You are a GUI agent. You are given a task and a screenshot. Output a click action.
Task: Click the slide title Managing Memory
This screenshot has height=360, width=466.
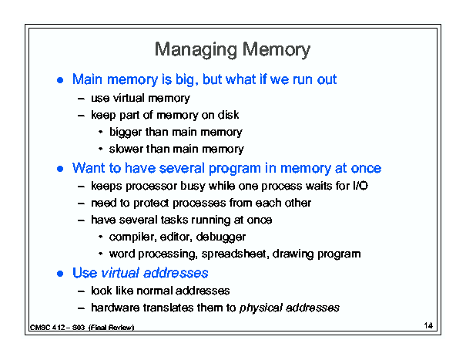[x=233, y=49]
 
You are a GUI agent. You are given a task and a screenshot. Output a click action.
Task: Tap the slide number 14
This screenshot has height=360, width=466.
[x=428, y=325]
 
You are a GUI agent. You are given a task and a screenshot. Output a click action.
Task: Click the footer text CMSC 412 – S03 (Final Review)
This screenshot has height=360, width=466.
[x=82, y=328]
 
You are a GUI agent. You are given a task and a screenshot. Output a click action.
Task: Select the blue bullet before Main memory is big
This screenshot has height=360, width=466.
[x=60, y=80]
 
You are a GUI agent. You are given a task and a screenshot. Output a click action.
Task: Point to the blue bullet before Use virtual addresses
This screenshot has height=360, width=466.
[x=60, y=274]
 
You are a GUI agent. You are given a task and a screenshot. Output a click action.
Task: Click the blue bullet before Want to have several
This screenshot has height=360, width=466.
[x=60, y=169]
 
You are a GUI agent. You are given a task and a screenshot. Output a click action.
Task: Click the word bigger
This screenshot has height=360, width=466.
[x=126, y=133]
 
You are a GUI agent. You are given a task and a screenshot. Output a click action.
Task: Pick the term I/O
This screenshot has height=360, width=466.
[x=360, y=186]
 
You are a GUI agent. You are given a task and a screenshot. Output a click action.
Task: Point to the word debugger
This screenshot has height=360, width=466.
[x=221, y=237]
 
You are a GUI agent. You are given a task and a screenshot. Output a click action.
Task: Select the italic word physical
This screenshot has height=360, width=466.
[x=260, y=308]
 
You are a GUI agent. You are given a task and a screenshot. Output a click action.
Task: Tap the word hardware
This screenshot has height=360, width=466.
[x=116, y=308]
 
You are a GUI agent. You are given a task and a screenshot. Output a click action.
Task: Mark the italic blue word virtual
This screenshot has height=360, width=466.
[x=120, y=273]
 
